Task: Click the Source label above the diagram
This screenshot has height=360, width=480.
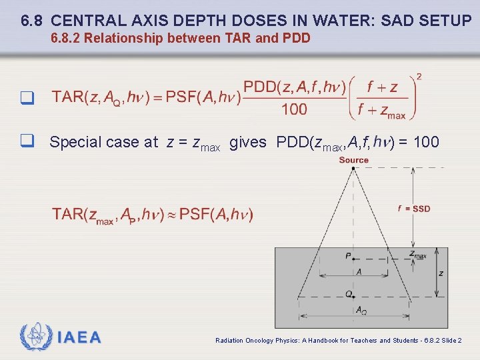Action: coord(353,160)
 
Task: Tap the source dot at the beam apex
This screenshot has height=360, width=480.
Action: coord(353,169)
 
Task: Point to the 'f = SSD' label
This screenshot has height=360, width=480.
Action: coord(414,209)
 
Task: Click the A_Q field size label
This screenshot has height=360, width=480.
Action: coord(361,310)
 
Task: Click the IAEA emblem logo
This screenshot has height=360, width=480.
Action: coord(34,337)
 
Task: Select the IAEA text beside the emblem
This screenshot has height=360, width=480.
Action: coord(79,338)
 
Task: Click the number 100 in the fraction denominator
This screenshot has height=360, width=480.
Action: coord(294,109)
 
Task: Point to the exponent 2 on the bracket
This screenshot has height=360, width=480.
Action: coord(418,77)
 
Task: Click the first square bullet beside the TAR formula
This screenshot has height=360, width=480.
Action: coord(27,98)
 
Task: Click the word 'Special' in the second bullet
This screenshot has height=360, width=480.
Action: coord(75,142)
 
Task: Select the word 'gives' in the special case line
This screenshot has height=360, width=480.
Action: coord(247,142)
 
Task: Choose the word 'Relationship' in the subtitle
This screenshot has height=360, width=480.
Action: coord(124,38)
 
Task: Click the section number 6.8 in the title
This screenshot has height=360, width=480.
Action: coord(32,21)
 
